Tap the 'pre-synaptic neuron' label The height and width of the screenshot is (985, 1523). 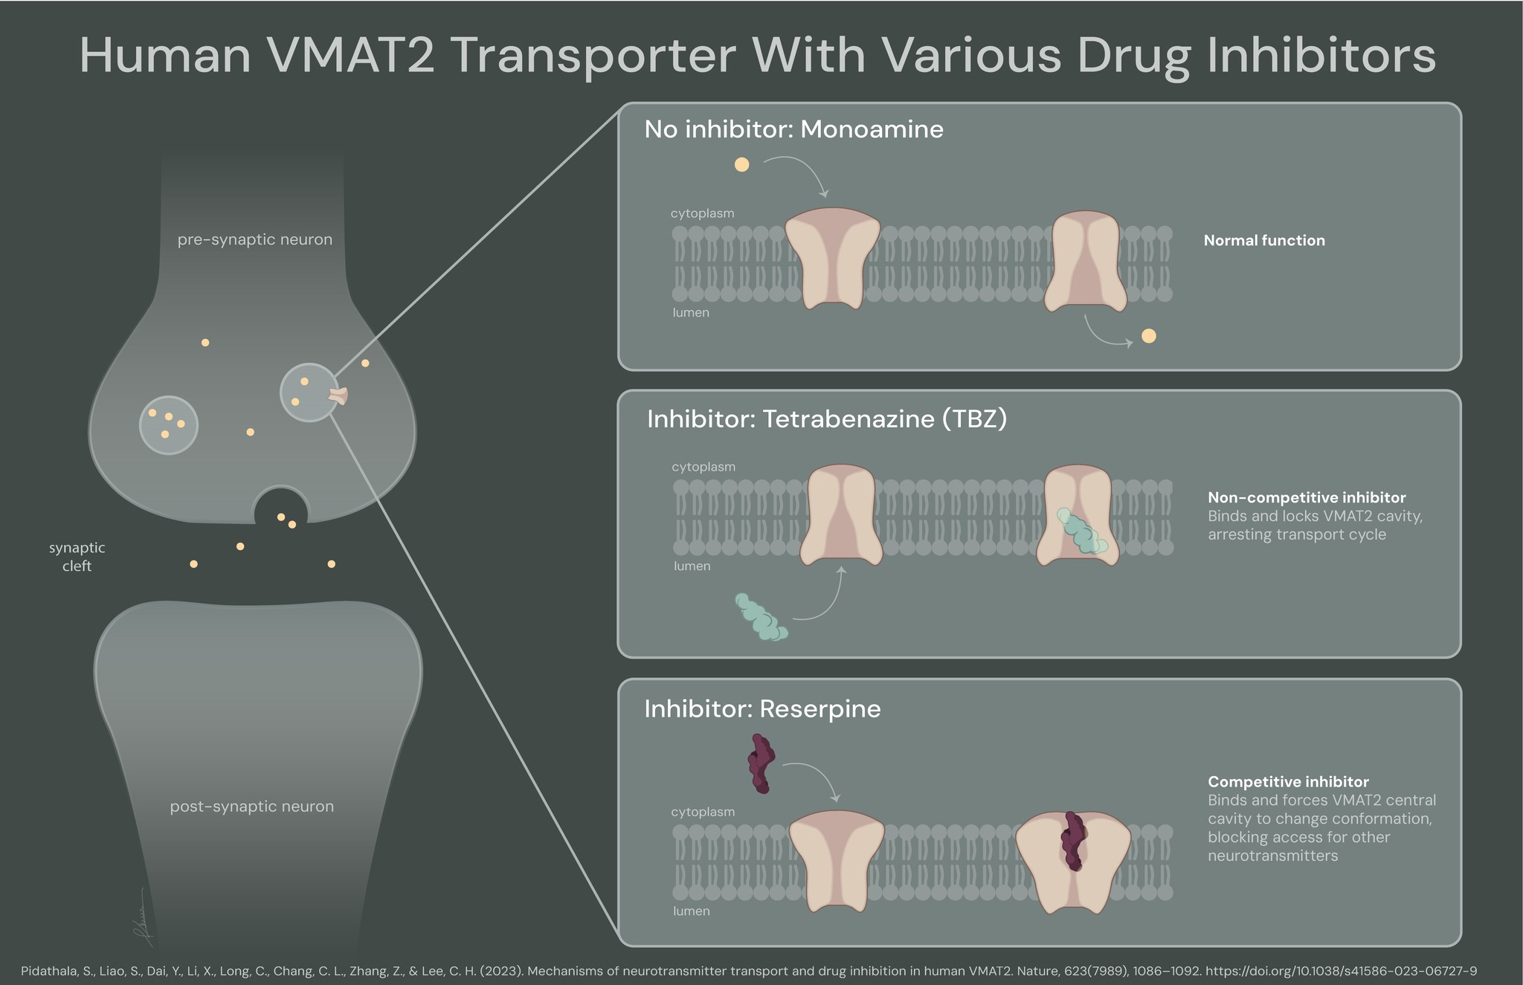(x=254, y=239)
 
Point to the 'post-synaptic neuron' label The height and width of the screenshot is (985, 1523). (x=251, y=807)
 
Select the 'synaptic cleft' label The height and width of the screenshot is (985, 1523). (x=77, y=557)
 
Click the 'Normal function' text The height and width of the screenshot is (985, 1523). (x=1264, y=240)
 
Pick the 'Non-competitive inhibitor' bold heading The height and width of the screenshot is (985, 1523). (x=1307, y=497)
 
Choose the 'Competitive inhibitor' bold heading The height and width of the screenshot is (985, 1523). (x=1288, y=781)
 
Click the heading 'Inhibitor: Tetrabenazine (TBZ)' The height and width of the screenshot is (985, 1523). (x=826, y=419)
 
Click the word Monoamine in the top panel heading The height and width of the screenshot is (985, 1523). (x=872, y=129)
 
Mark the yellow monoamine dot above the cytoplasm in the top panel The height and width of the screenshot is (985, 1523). (x=741, y=164)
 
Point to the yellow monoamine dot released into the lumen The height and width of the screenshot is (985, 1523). (x=1148, y=336)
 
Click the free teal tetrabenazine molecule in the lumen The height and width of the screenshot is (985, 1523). (x=761, y=618)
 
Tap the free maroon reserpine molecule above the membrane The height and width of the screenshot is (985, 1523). (x=761, y=763)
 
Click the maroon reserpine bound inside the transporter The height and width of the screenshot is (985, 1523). (x=1072, y=841)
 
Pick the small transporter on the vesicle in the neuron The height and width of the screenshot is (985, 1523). (x=339, y=396)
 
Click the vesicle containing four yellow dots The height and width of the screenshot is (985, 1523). (x=169, y=425)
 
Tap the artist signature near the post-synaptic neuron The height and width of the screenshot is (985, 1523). (x=142, y=918)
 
